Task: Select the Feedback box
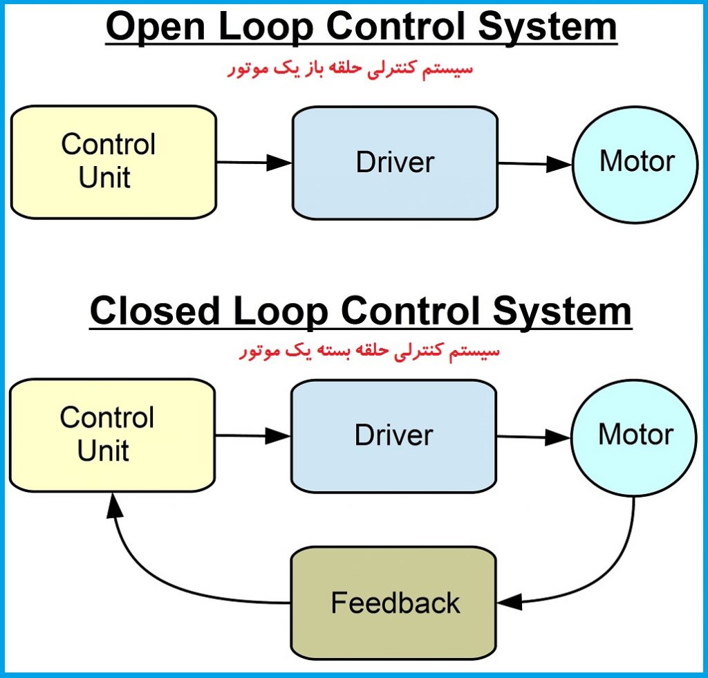pos(393,603)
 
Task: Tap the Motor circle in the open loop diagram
pos(635,165)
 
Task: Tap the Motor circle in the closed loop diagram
pos(634,438)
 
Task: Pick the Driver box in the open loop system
pos(395,163)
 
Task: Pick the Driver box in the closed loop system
pos(393,437)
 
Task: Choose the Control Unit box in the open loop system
pos(114,162)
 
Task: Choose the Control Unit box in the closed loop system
pos(113,435)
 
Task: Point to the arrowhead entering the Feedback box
pos(510,603)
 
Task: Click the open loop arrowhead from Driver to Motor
pos(559,164)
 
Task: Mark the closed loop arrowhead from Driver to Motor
pos(558,437)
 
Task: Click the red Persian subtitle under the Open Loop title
pos(350,69)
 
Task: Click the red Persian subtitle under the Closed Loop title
pos(369,351)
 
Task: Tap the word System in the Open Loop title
pos(548,28)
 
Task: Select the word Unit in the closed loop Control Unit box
pos(104,450)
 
